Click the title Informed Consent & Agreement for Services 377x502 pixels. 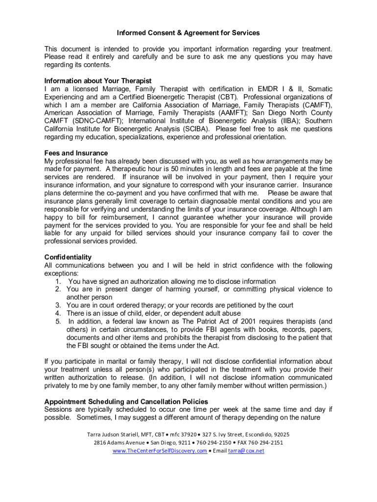tap(188, 33)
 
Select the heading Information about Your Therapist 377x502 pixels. tap(97, 81)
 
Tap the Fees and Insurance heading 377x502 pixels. tap(76, 153)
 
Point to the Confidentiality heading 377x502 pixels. tap(68, 257)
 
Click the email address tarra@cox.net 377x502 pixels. tap(246, 451)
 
